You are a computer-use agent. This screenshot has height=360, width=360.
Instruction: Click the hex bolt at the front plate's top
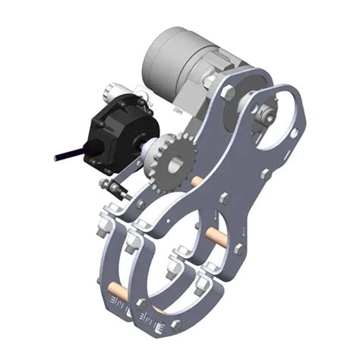pos(228,93)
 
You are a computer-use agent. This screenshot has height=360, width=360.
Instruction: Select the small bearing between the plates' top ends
pos(263,115)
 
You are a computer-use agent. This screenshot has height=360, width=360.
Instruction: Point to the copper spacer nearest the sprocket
pos(195,182)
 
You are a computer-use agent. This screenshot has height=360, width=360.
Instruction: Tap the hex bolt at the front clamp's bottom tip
pos(175,324)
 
